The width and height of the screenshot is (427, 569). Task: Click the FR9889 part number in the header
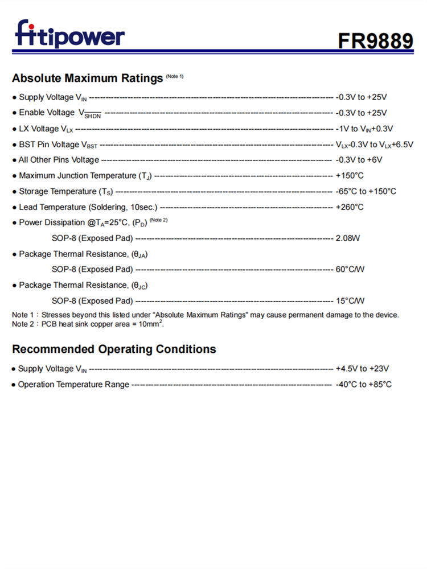375,41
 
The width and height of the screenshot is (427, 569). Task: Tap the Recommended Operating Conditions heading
114,349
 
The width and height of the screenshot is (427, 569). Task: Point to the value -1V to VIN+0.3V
364,129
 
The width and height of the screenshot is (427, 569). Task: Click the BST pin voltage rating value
374,145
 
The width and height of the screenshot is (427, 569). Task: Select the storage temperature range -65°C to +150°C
366,191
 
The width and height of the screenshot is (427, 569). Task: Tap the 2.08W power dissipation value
348,238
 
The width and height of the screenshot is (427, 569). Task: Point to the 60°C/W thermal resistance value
350,269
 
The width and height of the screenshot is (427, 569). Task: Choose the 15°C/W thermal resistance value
350,300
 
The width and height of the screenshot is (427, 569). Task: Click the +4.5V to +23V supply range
362,369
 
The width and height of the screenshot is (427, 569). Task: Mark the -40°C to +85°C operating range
364,385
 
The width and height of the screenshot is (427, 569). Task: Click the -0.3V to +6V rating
359,160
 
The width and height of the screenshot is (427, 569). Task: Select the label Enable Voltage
47,113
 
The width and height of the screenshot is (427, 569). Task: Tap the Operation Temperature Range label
73,385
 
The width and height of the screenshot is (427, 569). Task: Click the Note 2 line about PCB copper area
88,324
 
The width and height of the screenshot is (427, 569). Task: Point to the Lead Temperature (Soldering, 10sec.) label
88,207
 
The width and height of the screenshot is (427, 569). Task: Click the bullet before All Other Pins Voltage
14,160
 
